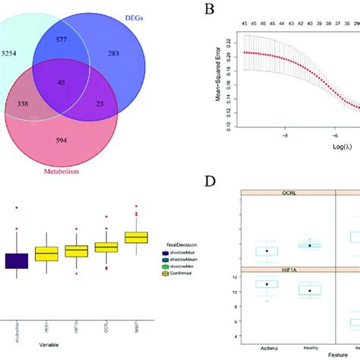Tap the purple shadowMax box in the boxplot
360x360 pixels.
(x=17, y=261)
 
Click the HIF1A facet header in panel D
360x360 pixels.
(x=288, y=270)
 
